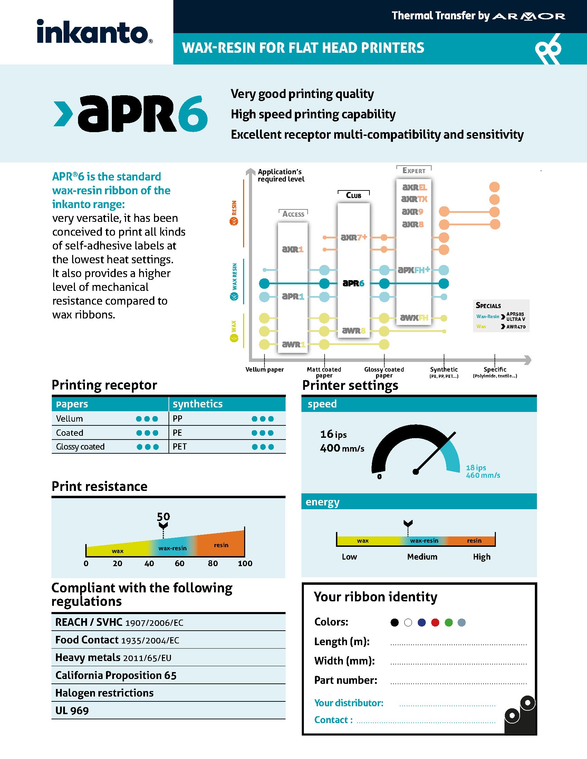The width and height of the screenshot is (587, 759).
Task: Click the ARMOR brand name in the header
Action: [x=529, y=16]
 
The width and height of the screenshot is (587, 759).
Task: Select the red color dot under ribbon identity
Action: [x=435, y=622]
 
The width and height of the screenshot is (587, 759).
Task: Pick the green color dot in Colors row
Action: [x=449, y=622]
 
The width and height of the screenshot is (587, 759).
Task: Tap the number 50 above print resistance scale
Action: [x=163, y=516]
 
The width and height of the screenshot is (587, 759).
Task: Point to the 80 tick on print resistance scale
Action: [x=212, y=563]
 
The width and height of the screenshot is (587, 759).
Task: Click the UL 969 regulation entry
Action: [x=72, y=711]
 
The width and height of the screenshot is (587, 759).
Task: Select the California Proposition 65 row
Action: [x=116, y=675]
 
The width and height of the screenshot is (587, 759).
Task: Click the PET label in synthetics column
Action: [x=180, y=446]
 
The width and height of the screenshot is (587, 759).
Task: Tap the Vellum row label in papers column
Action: [x=69, y=418]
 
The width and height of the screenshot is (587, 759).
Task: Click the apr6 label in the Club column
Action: [x=353, y=283]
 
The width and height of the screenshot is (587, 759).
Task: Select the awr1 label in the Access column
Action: [x=293, y=344]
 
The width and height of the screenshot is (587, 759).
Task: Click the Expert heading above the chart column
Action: [x=414, y=171]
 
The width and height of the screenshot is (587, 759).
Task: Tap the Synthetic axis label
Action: [x=444, y=369]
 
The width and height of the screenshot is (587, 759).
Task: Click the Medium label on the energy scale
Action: [x=422, y=557]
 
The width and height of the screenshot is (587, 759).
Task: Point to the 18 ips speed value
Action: [x=476, y=467]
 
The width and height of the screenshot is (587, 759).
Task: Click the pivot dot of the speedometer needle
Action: [x=415, y=472]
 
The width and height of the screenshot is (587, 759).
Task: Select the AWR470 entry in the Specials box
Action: [x=516, y=327]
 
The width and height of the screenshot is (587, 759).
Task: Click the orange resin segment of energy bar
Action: [x=474, y=541]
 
